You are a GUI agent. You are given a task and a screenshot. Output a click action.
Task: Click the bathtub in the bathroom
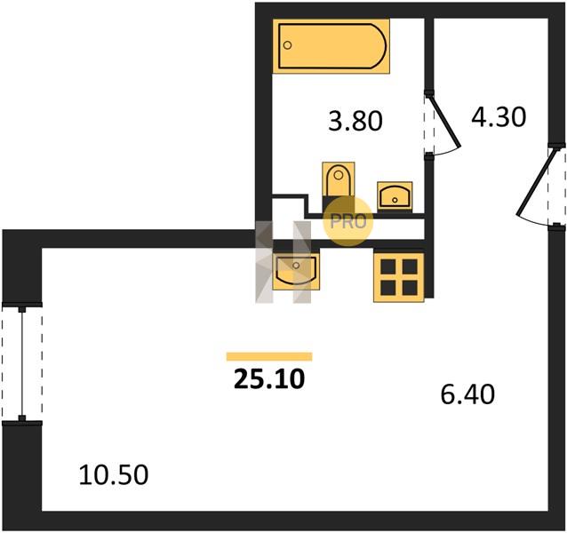(x=331, y=46)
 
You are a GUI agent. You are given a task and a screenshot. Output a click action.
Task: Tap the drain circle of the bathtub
(x=288, y=45)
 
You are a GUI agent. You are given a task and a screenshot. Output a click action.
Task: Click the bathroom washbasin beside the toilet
(x=395, y=195)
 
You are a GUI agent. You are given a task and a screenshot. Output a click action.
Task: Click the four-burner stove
(x=398, y=277)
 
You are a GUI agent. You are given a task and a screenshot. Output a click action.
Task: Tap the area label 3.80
(x=355, y=121)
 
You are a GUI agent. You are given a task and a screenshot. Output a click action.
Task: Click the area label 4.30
(x=499, y=116)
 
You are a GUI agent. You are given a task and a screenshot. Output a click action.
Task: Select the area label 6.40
(x=467, y=394)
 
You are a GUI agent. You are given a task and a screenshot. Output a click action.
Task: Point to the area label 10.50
(x=114, y=474)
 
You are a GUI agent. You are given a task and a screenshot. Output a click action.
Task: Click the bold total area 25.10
(x=269, y=379)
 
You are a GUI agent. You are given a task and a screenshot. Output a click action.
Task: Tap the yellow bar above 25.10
(x=269, y=356)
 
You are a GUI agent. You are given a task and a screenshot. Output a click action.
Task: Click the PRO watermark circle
(x=347, y=221)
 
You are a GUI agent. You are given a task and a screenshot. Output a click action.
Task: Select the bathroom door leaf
(x=444, y=120)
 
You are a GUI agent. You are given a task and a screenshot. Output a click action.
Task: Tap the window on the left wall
(x=22, y=363)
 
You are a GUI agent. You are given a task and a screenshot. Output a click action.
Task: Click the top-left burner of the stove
(x=388, y=266)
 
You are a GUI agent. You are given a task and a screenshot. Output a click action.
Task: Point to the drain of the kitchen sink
(x=296, y=266)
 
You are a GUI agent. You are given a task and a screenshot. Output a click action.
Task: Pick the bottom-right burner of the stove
(x=410, y=288)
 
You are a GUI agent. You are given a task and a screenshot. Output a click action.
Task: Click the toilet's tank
(x=339, y=203)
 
